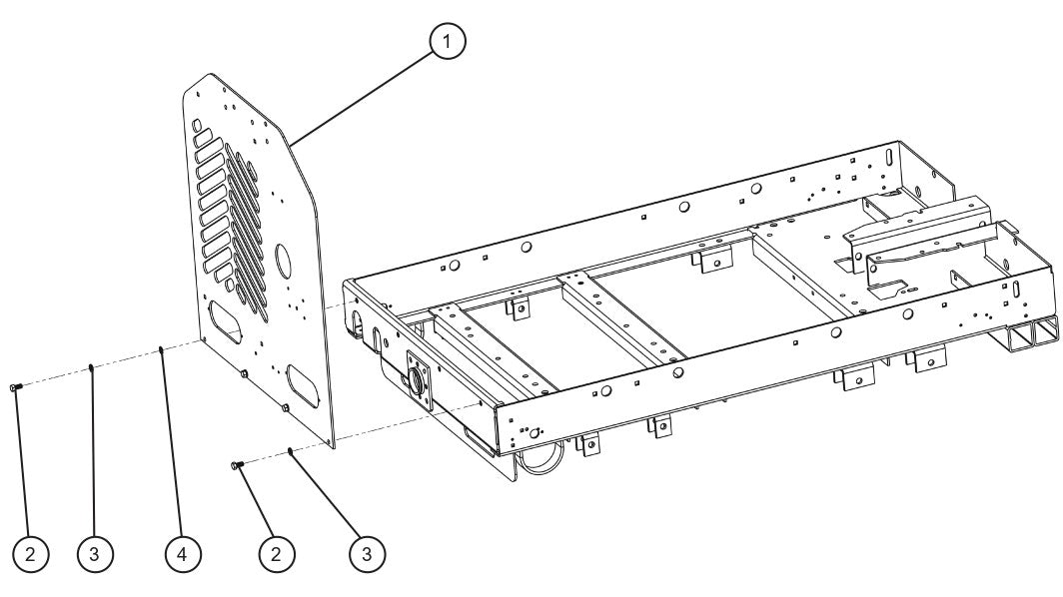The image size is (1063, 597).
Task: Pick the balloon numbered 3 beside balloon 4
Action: point(94,552)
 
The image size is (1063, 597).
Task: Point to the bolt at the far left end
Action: point(14,386)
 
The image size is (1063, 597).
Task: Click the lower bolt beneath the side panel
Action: point(237,465)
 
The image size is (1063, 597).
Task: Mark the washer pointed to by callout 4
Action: point(161,348)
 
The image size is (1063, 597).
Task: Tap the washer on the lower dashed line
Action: point(289,451)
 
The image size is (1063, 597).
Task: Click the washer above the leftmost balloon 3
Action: point(91,367)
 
